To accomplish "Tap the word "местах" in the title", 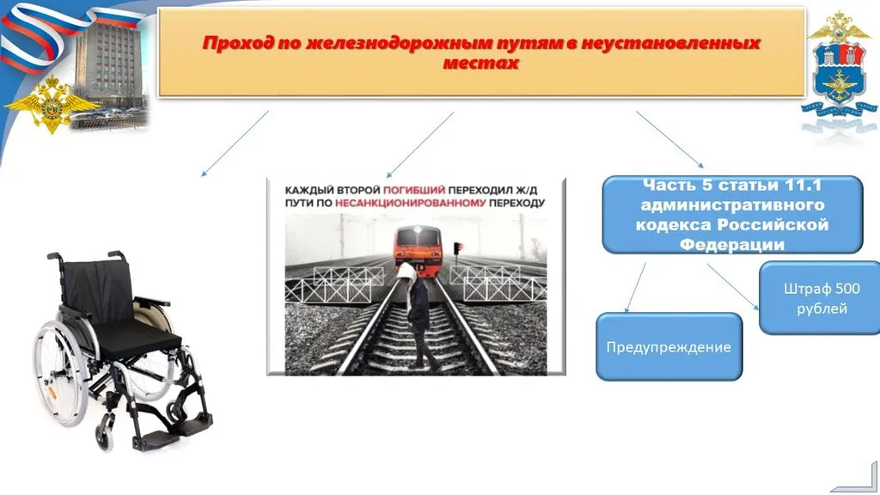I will tap(480, 64).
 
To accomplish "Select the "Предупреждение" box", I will tap(669, 347).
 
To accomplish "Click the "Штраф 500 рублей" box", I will tap(820, 297).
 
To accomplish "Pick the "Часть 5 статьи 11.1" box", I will tap(732, 215).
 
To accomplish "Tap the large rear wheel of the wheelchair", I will tap(61, 370).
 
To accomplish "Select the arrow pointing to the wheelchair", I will tap(234, 144).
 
